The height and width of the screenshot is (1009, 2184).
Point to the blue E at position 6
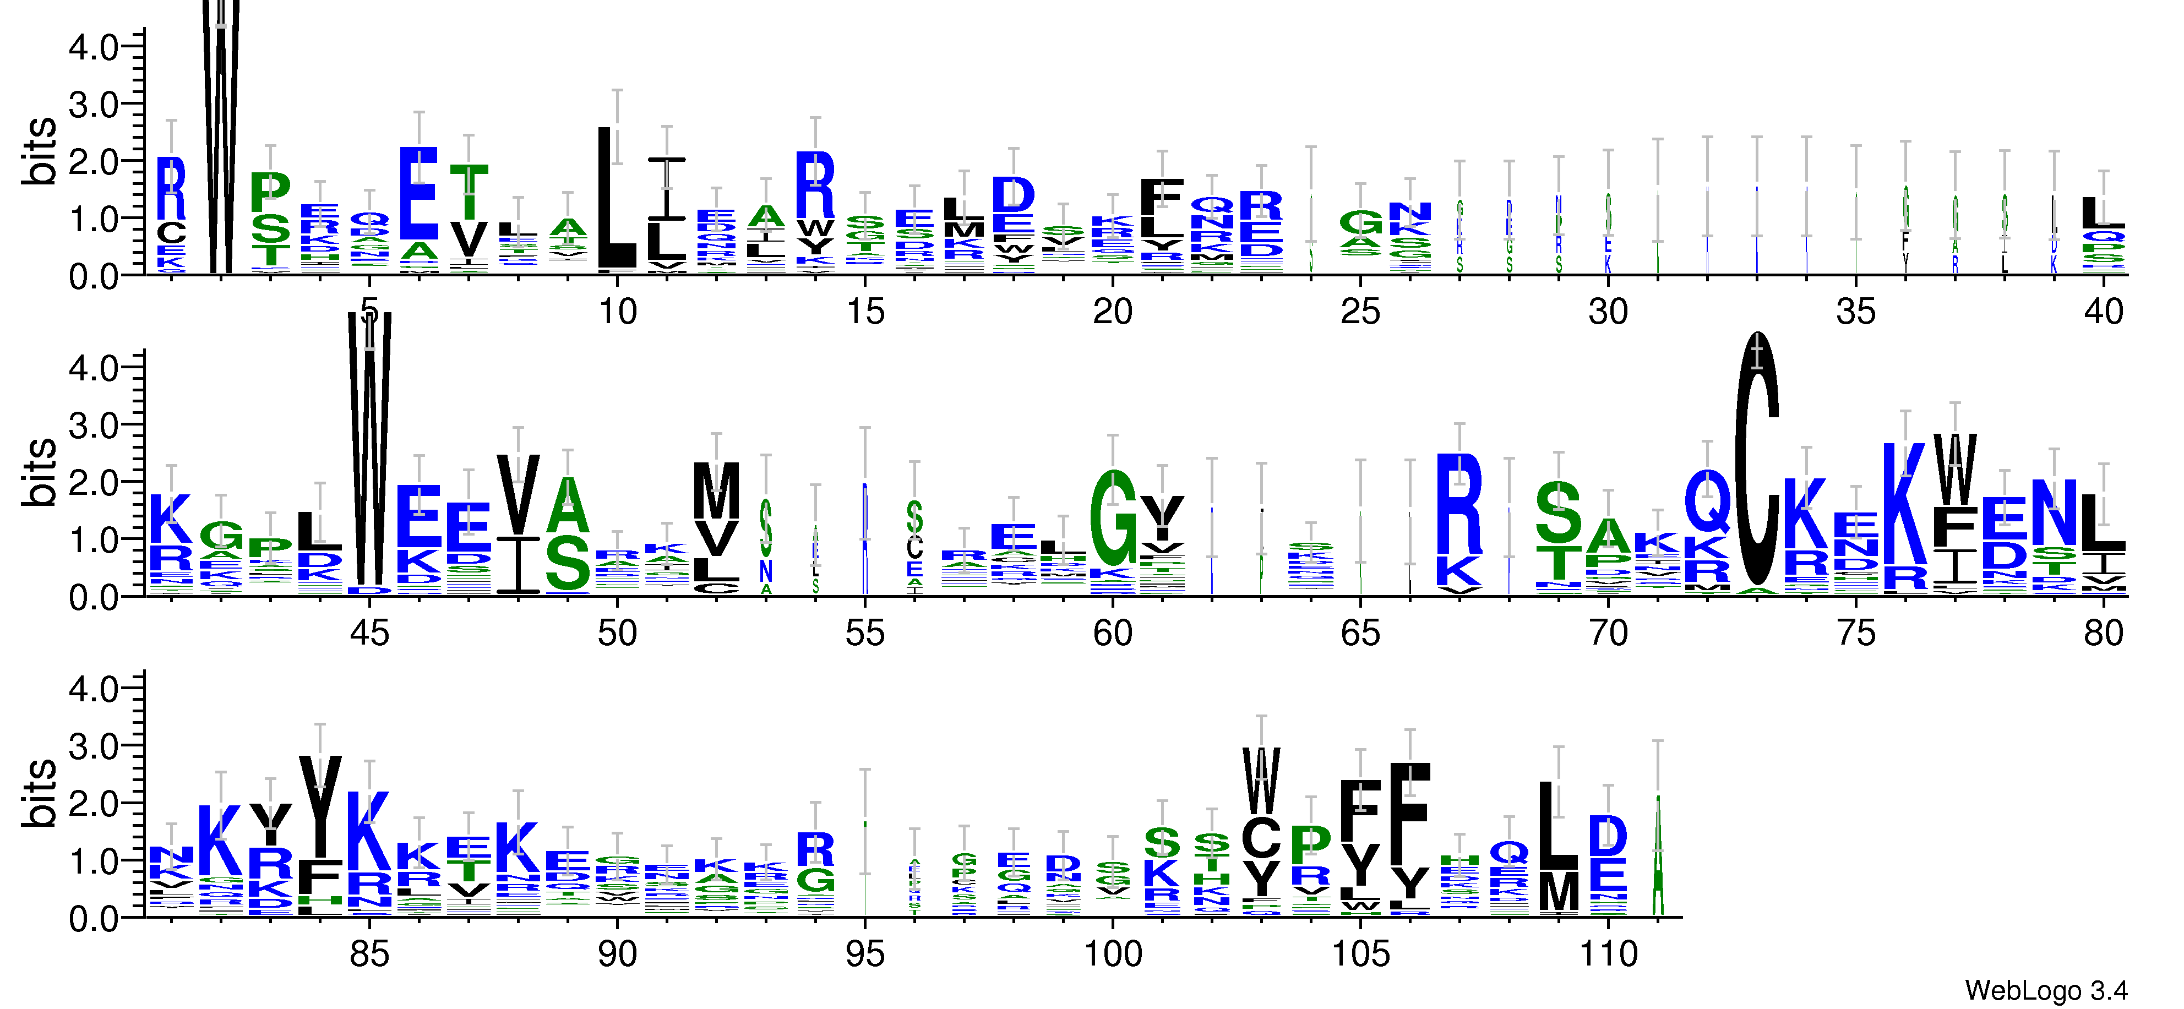pos(419,193)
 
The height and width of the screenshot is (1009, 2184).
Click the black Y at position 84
pos(320,805)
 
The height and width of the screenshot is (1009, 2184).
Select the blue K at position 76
pos(1904,504)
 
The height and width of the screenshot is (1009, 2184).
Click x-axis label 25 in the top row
pos(1360,312)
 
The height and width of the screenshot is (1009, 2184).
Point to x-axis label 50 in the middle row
pos(617,634)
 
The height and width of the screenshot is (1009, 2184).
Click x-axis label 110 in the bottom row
pos(1608,955)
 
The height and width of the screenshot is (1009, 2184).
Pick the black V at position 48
pos(518,494)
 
